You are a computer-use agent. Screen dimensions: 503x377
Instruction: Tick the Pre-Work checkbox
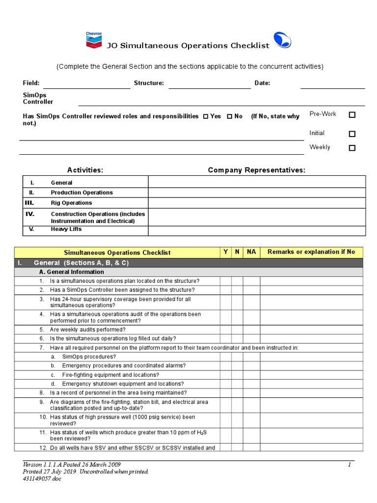pos(352,114)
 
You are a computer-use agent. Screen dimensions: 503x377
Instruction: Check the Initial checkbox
pos(352,134)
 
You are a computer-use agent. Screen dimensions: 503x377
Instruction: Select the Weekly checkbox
pos(352,148)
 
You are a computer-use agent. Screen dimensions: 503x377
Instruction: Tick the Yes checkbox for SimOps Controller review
pos(206,117)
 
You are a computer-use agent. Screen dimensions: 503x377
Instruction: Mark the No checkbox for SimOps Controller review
pos(230,117)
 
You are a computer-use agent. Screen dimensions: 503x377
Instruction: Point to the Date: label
pos(262,83)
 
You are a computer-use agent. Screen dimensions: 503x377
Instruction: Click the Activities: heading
pos(85,170)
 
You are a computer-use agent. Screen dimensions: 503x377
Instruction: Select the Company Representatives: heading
pos(256,170)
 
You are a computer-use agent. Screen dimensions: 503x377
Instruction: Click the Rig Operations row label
pos(71,203)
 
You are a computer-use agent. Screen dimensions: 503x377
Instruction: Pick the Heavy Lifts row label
pos(66,229)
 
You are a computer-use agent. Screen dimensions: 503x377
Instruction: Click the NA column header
pos(251,252)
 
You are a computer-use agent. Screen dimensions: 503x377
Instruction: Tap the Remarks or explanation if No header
pos(311,252)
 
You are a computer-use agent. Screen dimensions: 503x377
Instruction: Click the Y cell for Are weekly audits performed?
pos(225,330)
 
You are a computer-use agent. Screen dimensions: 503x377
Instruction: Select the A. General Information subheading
pos(71,272)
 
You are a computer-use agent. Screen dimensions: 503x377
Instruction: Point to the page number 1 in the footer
pos(350,465)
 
